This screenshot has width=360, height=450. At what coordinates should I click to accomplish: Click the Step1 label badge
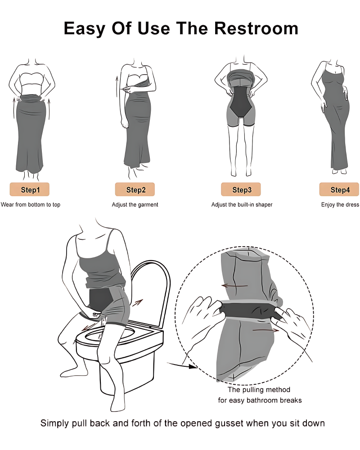pyautogui.click(x=30, y=189)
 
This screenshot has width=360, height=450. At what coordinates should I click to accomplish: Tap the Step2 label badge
pyautogui.click(x=135, y=189)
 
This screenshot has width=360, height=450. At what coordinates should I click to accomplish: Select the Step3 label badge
pyautogui.click(x=241, y=189)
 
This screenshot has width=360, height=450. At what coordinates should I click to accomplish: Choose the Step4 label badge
pyautogui.click(x=339, y=189)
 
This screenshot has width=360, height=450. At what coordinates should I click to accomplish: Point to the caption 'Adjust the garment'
pyautogui.click(x=135, y=205)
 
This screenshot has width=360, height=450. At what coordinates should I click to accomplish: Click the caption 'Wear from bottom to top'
pyautogui.click(x=31, y=205)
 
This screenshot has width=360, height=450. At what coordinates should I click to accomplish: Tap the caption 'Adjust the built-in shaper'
pyautogui.click(x=242, y=205)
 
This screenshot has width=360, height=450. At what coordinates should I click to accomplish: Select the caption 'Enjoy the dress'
pyautogui.click(x=340, y=205)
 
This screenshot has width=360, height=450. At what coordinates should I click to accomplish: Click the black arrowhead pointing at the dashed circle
pyautogui.click(x=193, y=366)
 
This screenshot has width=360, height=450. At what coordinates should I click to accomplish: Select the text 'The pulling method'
pyautogui.click(x=259, y=389)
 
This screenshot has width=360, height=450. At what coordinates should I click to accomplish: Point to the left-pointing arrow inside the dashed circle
pyautogui.click(x=234, y=286)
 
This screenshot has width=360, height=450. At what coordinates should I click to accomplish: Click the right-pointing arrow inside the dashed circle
pyautogui.click(x=265, y=330)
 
